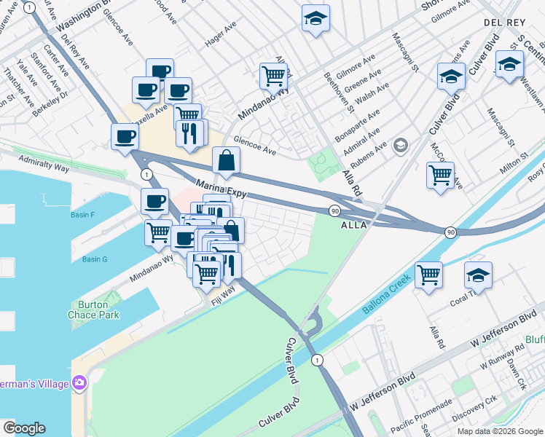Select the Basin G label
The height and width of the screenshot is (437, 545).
click(x=95, y=259)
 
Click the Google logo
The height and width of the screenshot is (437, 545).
click(x=25, y=428)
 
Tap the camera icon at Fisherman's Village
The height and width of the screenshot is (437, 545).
click(x=79, y=382)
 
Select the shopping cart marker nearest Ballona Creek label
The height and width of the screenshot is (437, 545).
click(x=429, y=275)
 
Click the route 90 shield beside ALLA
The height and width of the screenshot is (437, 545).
click(x=334, y=210)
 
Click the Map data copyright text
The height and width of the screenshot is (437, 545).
click(x=499, y=430)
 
